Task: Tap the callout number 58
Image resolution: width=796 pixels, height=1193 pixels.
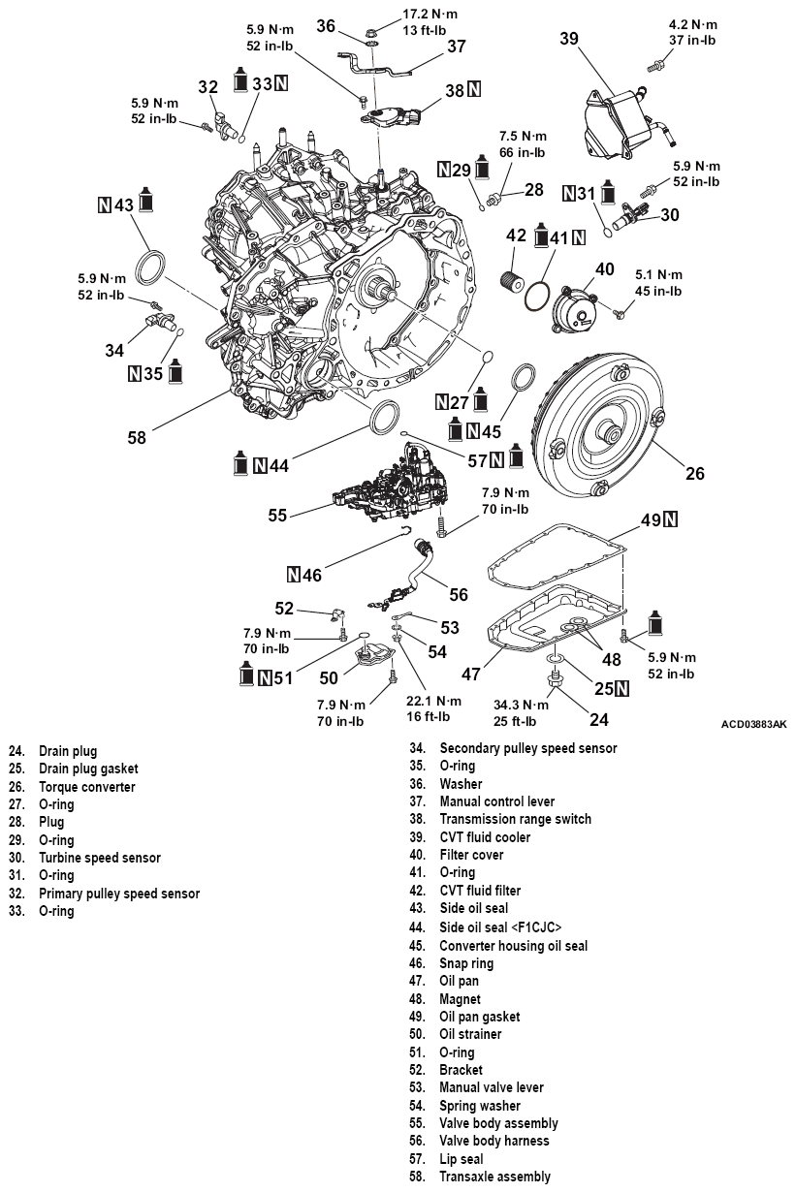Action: (136, 437)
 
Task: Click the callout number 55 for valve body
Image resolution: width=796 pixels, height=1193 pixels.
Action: (278, 517)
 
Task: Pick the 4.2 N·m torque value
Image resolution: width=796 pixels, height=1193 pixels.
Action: (692, 24)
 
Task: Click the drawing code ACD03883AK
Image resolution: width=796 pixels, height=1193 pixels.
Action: (753, 724)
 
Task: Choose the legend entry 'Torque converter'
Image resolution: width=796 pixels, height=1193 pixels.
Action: (87, 787)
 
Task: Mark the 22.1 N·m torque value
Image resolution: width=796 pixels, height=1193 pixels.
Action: (435, 701)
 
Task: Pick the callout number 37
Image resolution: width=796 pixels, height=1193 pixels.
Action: (457, 46)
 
